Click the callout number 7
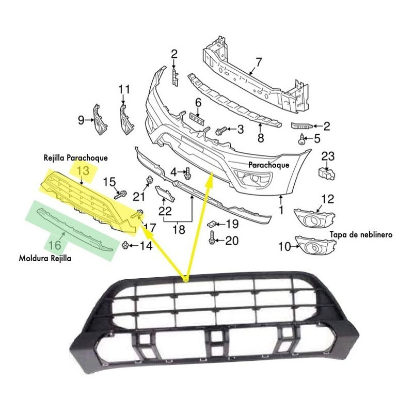click(259, 62)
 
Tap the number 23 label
click(328, 156)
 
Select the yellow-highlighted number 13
click(83, 171)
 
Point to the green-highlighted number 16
click(55, 245)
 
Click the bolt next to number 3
click(221, 131)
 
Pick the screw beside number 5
click(301, 139)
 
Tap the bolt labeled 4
click(187, 173)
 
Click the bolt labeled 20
click(212, 237)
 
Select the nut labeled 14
click(125, 245)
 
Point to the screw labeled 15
click(120, 195)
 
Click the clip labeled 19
click(212, 224)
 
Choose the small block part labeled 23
click(327, 174)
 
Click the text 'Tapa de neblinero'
click(361, 234)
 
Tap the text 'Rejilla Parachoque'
click(75, 158)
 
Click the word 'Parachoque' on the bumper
click(268, 165)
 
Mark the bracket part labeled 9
click(100, 120)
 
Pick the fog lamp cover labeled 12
click(314, 218)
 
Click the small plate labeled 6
click(197, 119)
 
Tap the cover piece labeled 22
click(164, 194)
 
